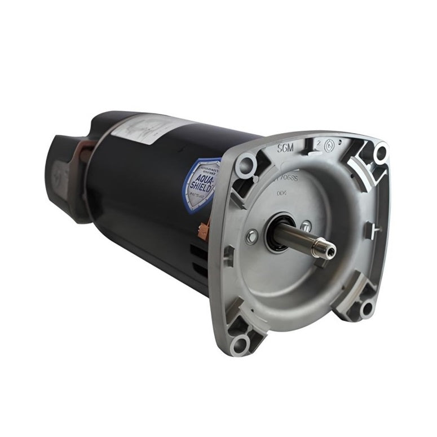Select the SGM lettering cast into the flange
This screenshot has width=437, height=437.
pyautogui.click(x=288, y=149)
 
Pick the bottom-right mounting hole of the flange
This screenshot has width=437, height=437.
pyautogui.click(x=367, y=307)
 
